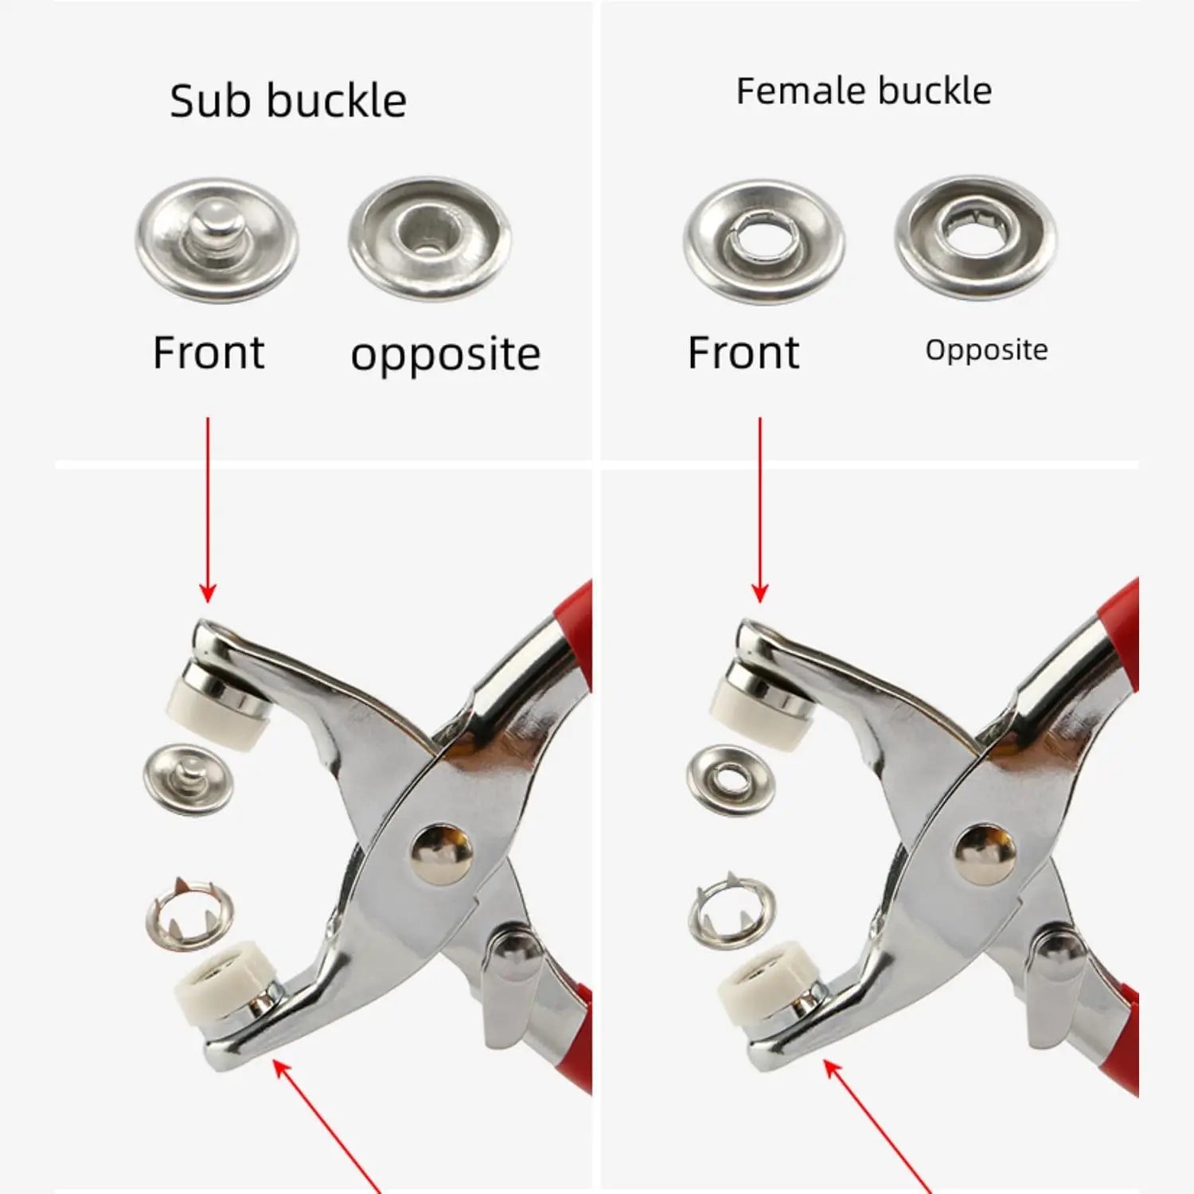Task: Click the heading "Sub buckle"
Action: click(288, 101)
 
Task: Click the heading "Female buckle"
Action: click(864, 91)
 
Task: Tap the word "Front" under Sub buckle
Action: click(209, 353)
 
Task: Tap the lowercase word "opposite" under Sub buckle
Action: click(446, 355)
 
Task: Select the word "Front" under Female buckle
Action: click(743, 353)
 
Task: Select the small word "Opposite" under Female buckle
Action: click(986, 350)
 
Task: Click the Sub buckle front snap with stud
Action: click(217, 240)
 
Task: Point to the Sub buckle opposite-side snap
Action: click(430, 238)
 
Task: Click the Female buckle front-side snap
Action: click(764, 241)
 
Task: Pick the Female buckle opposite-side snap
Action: click(976, 237)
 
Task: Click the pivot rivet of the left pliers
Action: click(442, 854)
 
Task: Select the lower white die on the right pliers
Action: click(767, 985)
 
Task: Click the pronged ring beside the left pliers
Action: click(189, 912)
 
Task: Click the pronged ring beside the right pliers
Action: click(732, 911)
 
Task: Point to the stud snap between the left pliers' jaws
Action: click(188, 780)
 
